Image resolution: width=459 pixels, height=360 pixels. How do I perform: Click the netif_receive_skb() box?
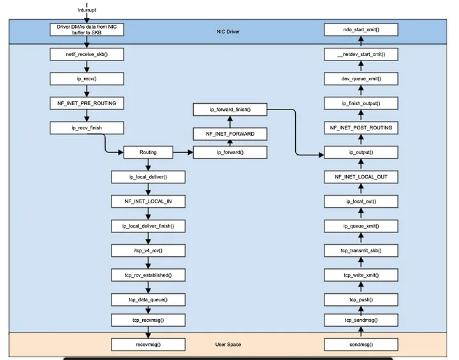[87, 54]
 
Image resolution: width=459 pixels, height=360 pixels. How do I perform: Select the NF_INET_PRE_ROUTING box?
[87, 103]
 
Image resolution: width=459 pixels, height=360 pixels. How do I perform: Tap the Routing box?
[148, 152]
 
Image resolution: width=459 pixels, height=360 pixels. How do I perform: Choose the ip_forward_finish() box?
[230, 110]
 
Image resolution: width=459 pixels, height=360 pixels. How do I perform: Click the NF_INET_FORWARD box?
[230, 134]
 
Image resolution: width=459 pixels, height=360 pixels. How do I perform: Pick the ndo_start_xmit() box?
[361, 30]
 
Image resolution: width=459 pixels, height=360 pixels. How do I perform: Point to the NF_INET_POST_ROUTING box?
[361, 128]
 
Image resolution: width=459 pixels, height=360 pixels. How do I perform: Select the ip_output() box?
[361, 152]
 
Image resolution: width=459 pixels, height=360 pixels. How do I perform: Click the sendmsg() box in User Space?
[361, 345]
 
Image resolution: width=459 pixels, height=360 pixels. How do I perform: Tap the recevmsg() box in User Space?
[148, 345]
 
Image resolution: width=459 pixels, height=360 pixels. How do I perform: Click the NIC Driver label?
[228, 32]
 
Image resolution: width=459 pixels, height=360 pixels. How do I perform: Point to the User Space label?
[228, 345]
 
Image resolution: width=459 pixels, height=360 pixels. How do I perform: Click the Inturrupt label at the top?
[87, 10]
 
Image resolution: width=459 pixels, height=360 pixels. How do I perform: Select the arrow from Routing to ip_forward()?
[183, 152]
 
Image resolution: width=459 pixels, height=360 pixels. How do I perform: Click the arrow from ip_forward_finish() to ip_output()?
[295, 132]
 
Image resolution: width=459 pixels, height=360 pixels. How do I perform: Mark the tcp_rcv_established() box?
[148, 275]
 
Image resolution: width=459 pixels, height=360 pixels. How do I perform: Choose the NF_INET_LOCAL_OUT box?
[361, 177]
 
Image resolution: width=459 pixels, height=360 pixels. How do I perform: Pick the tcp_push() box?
[361, 299]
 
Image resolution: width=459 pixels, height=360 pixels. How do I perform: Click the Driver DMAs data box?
[87, 30]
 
